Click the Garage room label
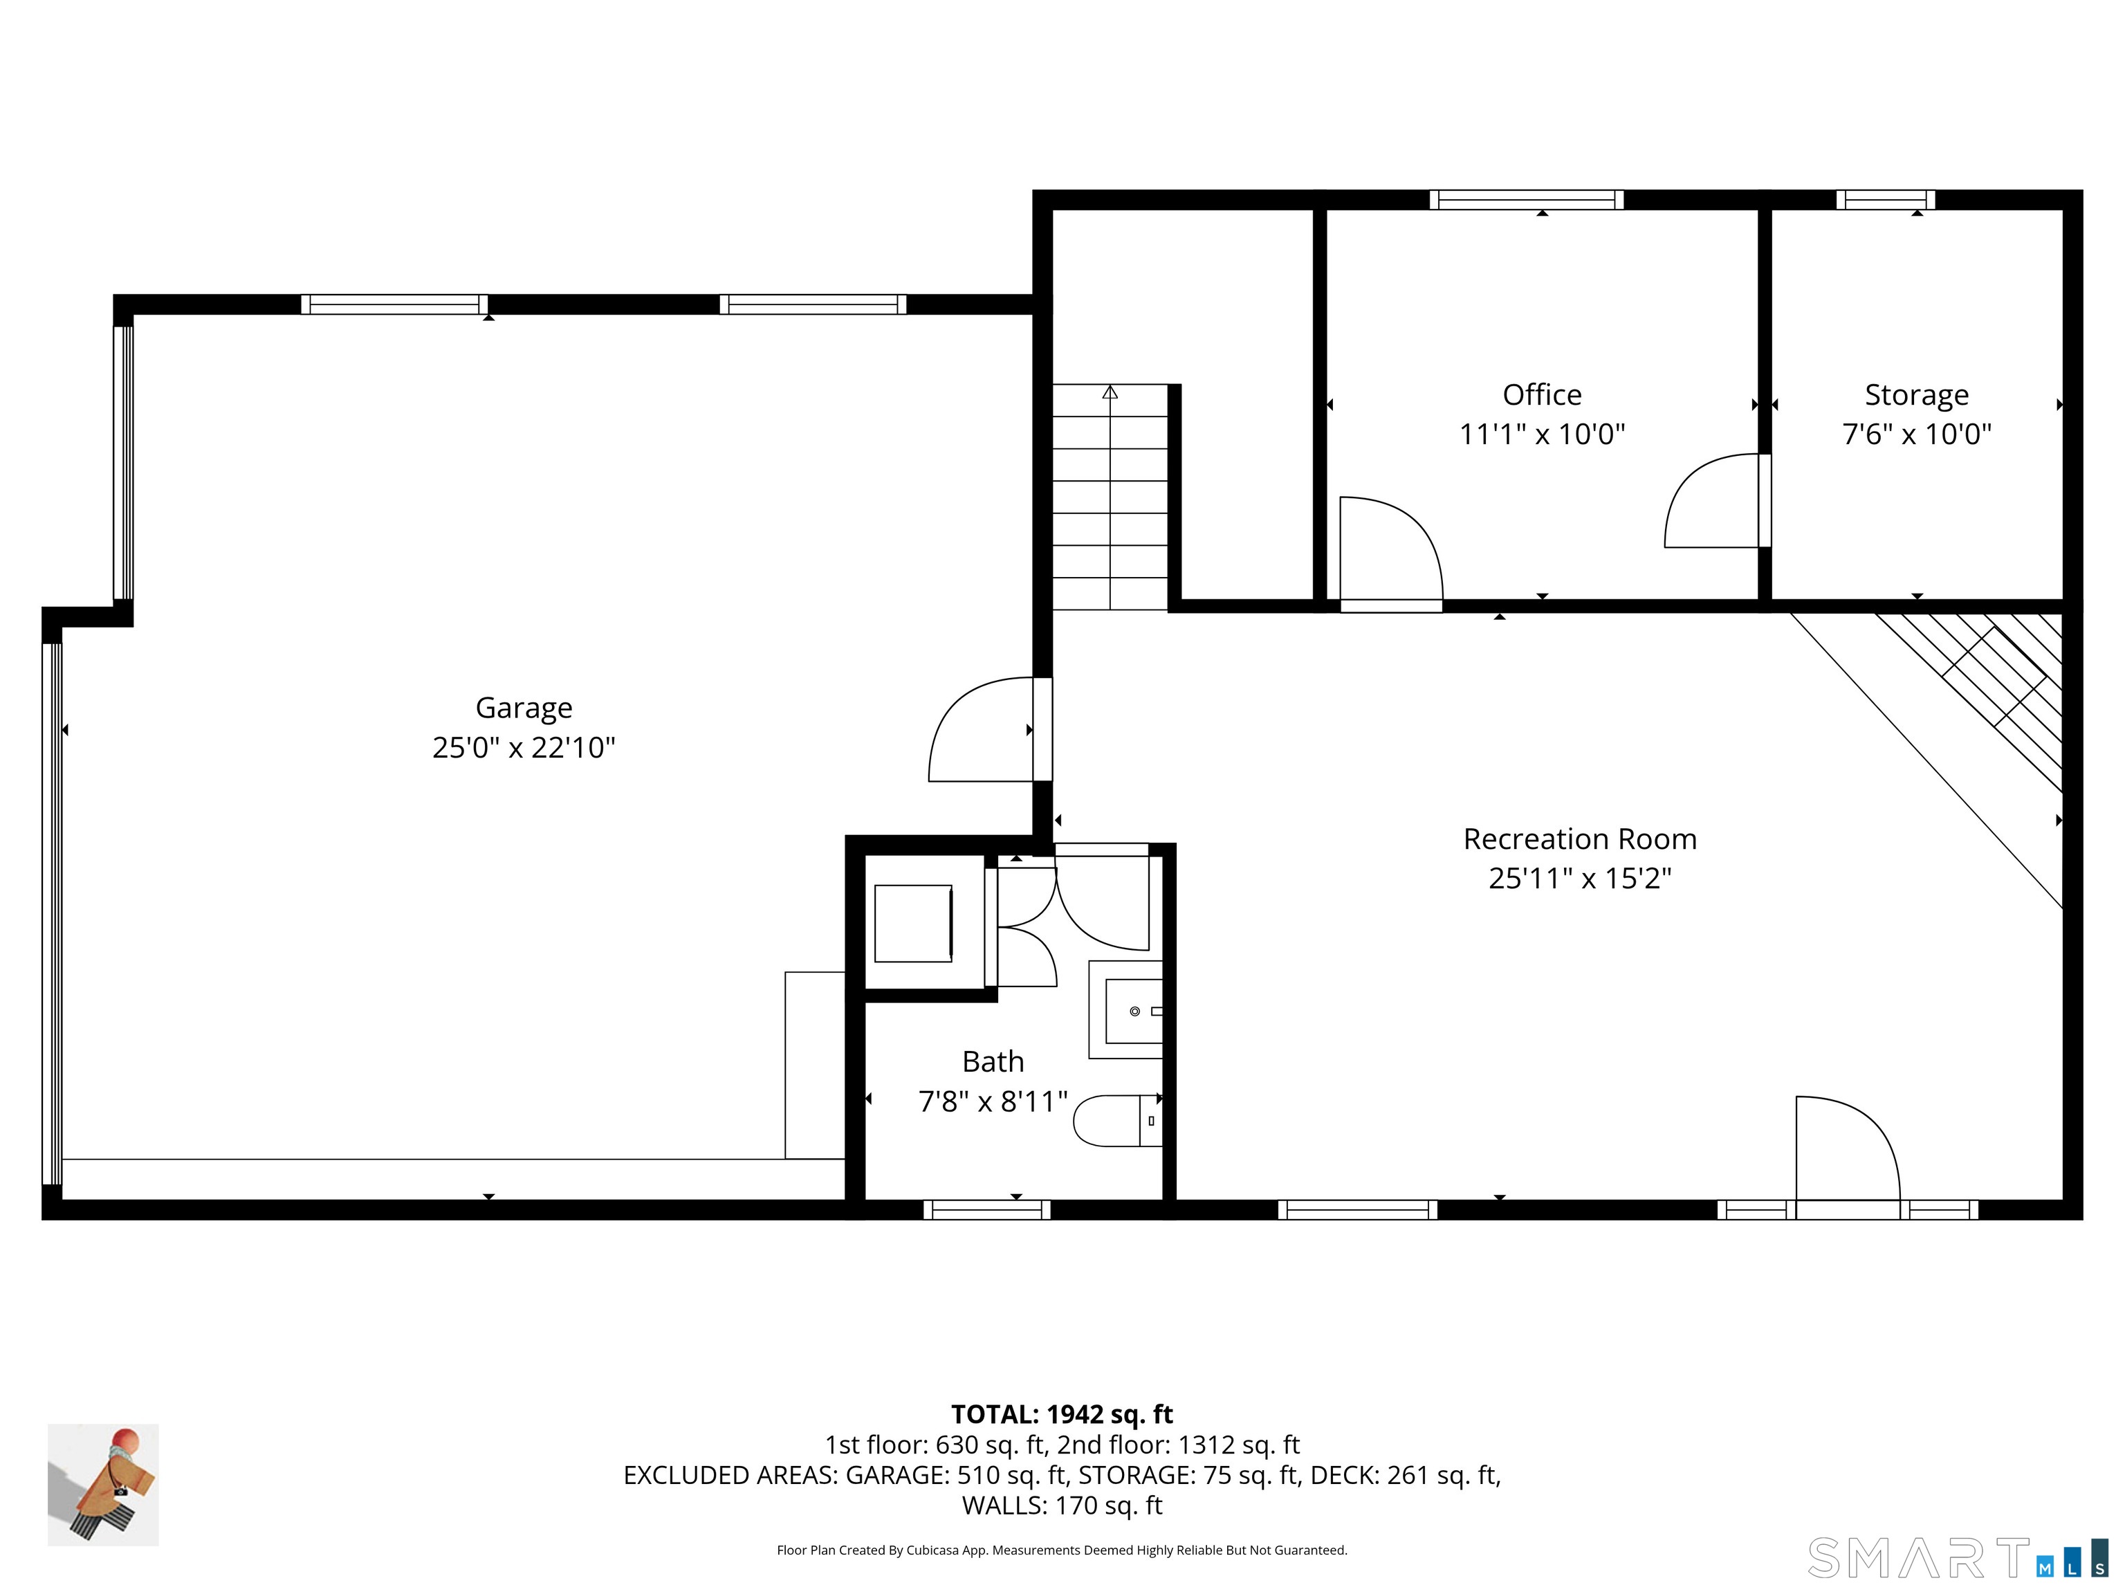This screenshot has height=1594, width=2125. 524,708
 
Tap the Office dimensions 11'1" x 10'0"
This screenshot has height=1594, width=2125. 1542,434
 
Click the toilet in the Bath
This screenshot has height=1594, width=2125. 1114,1120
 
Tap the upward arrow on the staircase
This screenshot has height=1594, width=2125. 1110,392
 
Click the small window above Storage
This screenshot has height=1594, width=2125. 1885,200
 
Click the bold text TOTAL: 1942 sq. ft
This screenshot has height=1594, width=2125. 1062,1414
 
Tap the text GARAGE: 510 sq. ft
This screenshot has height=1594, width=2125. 956,1475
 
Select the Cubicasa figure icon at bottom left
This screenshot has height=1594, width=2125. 103,1485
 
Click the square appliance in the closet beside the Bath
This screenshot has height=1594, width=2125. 912,924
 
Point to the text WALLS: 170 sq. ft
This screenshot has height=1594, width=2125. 1062,1505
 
